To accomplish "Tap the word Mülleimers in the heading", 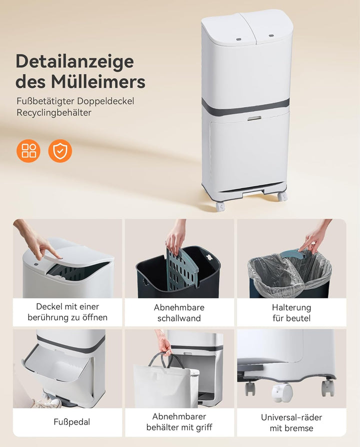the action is (98, 81).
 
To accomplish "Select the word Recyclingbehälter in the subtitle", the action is (54, 112).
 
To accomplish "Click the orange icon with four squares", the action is (28, 151).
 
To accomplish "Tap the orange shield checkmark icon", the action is (60, 151).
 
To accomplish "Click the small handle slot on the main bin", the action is (254, 117).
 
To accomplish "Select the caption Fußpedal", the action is (72, 422).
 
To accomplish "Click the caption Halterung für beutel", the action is (291, 312).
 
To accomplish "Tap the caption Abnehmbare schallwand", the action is (179, 312).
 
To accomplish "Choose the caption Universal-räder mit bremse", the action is (291, 423).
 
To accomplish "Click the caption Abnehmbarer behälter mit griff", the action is (179, 422).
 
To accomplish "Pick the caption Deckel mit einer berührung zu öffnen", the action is (67, 312).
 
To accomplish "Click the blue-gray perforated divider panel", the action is (181, 268).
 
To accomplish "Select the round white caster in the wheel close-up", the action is (282, 392).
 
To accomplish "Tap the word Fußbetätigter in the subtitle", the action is (45, 101).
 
